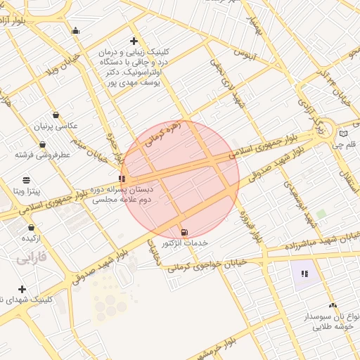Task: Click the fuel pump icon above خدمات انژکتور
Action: point(184,232)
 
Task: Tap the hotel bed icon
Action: point(75,30)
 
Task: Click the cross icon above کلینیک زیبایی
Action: point(134,41)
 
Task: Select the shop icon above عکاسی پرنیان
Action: point(56,115)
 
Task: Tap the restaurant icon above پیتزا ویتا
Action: point(27,180)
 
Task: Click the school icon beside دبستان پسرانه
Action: point(122,179)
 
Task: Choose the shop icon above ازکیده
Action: point(32,228)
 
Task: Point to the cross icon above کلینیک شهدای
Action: point(22,289)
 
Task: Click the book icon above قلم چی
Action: point(343,133)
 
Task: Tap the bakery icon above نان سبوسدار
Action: point(333,305)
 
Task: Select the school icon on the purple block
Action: point(304,274)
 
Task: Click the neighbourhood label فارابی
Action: point(31,259)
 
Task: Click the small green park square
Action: point(321,213)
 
